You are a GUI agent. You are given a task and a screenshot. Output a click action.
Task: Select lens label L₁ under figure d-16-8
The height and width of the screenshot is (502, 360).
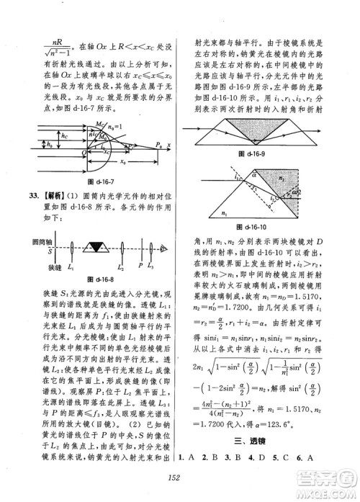70,267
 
